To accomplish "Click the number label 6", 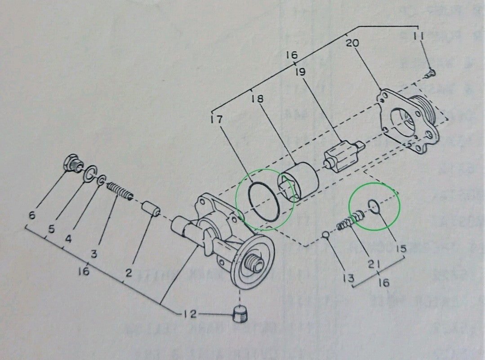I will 31,215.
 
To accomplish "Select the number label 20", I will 352,44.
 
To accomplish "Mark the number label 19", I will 300,72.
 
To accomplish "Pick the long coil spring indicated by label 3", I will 120,192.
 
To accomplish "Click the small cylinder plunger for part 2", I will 151,210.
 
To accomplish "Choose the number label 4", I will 68,240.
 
